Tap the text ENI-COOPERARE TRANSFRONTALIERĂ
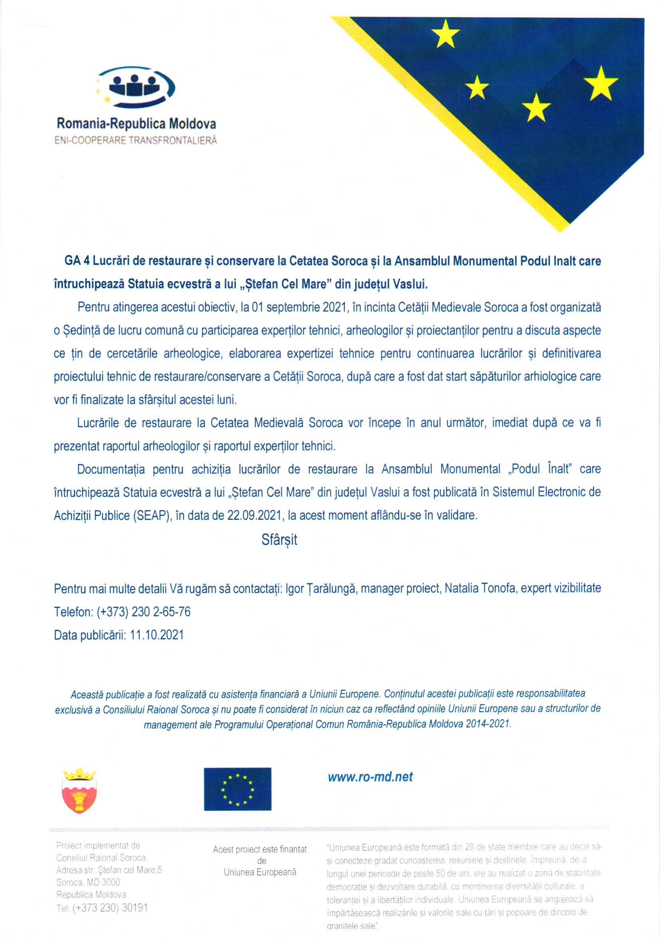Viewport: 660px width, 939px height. (135, 140)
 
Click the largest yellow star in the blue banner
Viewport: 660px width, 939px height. (600, 84)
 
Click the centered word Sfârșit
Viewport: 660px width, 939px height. (279, 540)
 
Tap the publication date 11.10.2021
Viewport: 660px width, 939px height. (157, 635)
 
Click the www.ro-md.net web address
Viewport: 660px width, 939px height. (370, 777)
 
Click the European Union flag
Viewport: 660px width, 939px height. (237, 789)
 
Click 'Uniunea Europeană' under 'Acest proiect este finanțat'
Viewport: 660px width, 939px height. (259, 872)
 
